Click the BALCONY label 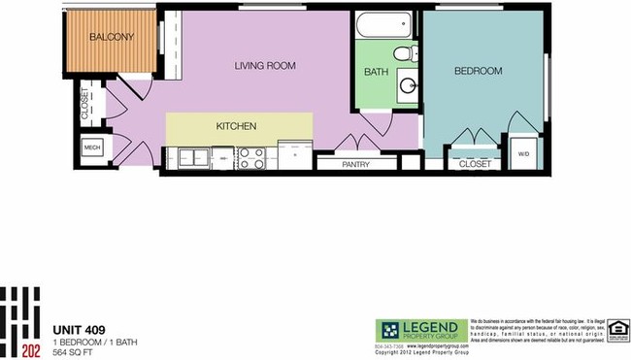[112, 38]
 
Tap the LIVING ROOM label [265, 66]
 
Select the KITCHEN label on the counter [236, 126]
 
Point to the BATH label [376, 73]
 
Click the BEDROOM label [478, 71]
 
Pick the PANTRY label [356, 165]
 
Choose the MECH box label [92, 147]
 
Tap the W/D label [523, 154]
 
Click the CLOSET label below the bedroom [475, 165]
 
